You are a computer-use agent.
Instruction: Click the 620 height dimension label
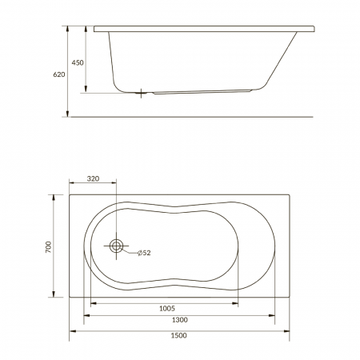[59, 74]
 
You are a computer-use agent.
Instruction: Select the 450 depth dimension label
[78, 62]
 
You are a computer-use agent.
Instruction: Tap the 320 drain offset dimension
[93, 178]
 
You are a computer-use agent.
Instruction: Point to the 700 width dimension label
[48, 247]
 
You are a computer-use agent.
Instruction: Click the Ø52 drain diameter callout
[144, 253]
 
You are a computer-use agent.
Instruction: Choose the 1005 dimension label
[167, 309]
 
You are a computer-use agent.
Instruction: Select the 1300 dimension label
[180, 320]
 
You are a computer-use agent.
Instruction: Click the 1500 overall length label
[178, 335]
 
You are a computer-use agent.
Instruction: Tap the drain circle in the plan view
[116, 246]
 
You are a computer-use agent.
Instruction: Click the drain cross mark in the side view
[141, 93]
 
